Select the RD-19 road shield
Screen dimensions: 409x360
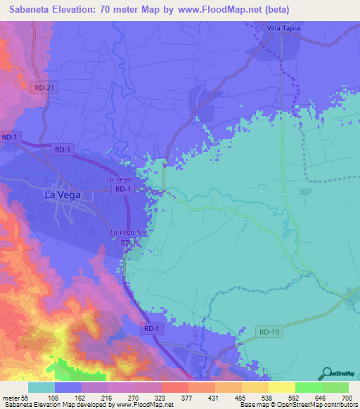point(269,330)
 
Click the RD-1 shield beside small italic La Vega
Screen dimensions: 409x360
point(124,189)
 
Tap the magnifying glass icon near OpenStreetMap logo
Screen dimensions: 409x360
point(326,373)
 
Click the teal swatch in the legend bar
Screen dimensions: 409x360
point(41,387)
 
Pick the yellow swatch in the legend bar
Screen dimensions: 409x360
point(282,387)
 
